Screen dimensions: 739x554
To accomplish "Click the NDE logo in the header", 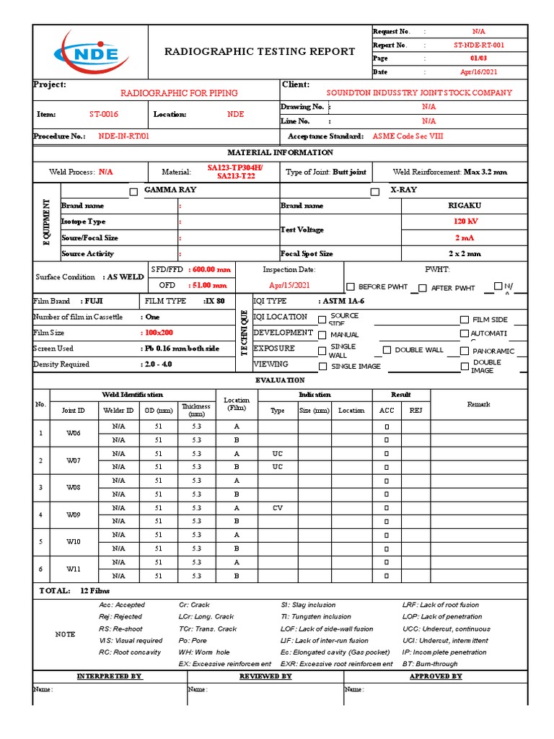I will pos(89,51).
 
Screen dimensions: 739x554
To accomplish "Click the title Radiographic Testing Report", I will pos(260,51).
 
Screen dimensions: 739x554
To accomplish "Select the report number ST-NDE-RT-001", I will pos(478,45).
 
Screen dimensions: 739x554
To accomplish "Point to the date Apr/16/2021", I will pos(478,72).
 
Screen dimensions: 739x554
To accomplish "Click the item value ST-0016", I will pos(104,114).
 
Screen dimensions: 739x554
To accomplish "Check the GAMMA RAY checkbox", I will pos(133,192).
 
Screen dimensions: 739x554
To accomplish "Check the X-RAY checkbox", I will pos(374,192).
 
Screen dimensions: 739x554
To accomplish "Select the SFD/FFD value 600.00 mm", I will pos(211,269).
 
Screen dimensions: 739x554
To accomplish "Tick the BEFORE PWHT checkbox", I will pos(351,287).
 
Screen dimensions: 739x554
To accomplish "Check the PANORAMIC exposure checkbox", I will pos(465,351).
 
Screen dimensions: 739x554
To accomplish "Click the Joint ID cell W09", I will pos(74,515).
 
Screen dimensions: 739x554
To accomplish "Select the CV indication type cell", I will pos(277,508).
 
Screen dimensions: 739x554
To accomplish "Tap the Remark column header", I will pos(478,404).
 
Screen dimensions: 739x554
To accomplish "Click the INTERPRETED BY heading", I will pos(110,676).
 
